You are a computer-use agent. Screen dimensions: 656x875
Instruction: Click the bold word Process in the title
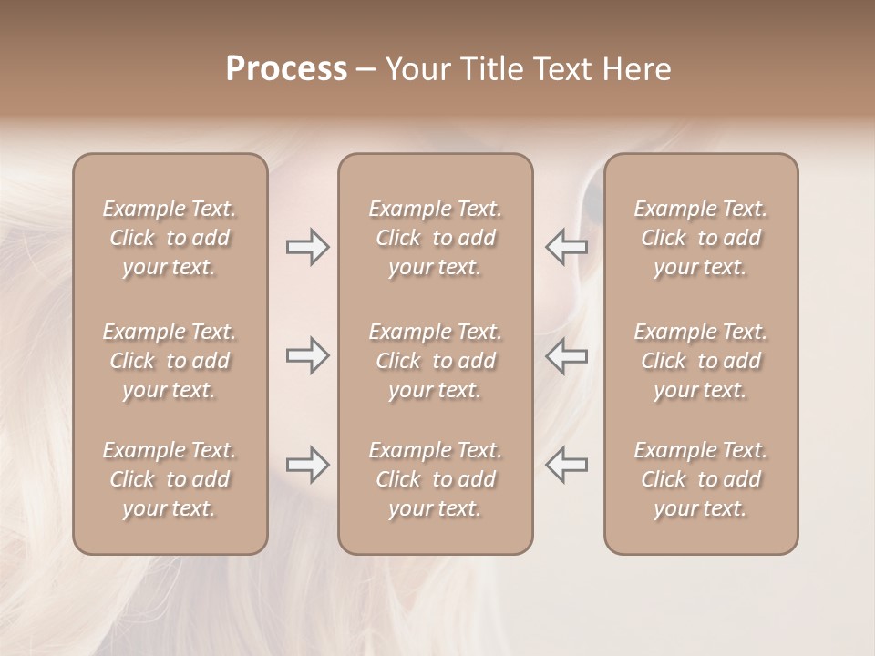point(286,69)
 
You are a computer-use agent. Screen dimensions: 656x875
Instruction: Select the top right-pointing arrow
point(307,247)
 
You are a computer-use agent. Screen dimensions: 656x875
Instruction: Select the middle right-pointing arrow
point(307,355)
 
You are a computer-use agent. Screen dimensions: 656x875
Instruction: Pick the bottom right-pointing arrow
point(307,465)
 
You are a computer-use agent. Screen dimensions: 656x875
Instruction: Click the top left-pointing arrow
point(567,247)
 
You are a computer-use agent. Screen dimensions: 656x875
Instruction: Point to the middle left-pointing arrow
point(567,355)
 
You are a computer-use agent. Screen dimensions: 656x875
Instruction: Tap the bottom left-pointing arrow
point(567,465)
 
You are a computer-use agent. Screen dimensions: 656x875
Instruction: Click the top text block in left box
point(170,238)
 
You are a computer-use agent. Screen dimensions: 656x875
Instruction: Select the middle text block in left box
point(170,361)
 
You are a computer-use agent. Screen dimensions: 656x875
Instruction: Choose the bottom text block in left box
point(170,479)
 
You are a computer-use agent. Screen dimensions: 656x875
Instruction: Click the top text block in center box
point(436,238)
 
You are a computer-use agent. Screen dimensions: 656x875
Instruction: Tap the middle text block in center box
point(436,361)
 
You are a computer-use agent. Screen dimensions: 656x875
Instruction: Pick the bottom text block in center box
point(436,479)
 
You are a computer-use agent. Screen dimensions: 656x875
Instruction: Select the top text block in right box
point(701,238)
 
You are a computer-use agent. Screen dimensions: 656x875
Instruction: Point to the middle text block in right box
point(701,361)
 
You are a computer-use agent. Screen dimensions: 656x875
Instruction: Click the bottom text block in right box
point(701,479)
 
